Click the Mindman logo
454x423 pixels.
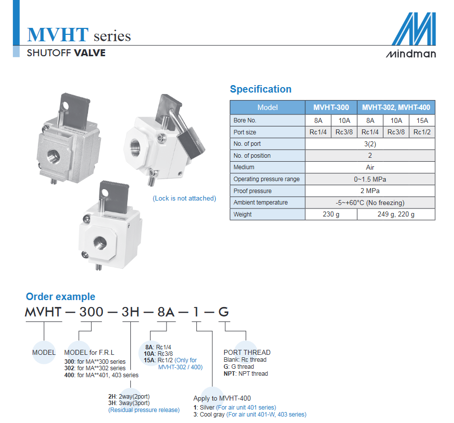pyautogui.click(x=411, y=35)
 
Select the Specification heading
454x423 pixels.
pyautogui.click(x=261, y=89)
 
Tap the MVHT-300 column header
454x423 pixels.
pyautogui.click(x=331, y=107)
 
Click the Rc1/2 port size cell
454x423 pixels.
pyautogui.click(x=422, y=132)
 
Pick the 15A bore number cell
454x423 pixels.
pyautogui.click(x=422, y=120)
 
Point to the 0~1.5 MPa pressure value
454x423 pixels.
pyautogui.click(x=370, y=179)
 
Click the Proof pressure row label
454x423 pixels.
pyautogui.click(x=253, y=191)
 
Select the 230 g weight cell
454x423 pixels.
pyautogui.click(x=331, y=214)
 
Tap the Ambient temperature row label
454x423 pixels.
pyautogui.click(x=261, y=203)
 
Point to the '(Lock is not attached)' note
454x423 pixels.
pyautogui.click(x=184, y=199)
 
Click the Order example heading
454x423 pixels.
pyautogui.click(x=61, y=297)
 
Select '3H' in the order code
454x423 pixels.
pyautogui.click(x=131, y=312)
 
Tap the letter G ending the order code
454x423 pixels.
pyautogui.click(x=223, y=312)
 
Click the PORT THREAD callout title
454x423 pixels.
pyautogui.click(x=247, y=352)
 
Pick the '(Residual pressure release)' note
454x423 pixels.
pyautogui.click(x=144, y=410)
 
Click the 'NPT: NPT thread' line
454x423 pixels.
pyautogui.click(x=246, y=374)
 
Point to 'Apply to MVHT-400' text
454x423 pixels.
pyautogui.click(x=222, y=399)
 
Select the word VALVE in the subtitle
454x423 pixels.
pyautogui.click(x=90, y=53)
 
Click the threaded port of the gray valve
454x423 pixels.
pyautogui.click(x=54, y=157)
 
